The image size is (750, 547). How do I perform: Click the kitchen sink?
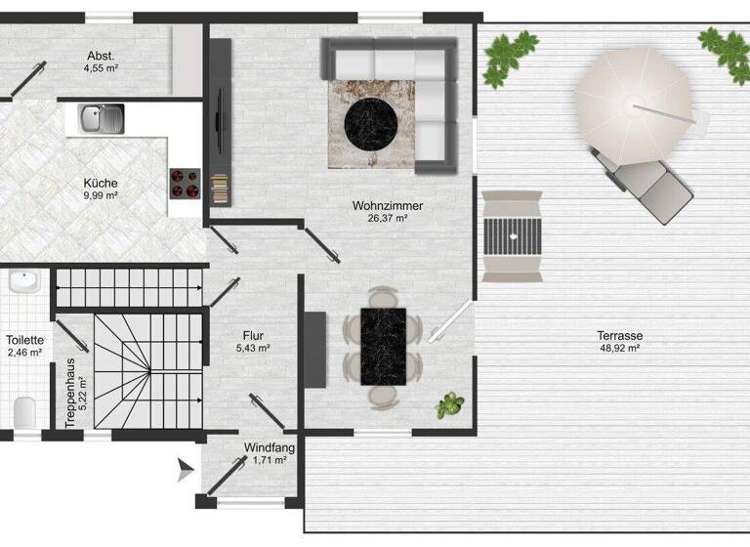(101, 119)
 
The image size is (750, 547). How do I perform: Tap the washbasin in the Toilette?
(22, 283)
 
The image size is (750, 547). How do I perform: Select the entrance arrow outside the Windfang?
(184, 473)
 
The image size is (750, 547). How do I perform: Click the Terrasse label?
(619, 335)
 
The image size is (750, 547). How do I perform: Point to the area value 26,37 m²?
(380, 219)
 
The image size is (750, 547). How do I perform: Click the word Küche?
(101, 183)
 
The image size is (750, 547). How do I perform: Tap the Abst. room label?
(101, 56)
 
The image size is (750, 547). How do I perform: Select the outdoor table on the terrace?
(512, 235)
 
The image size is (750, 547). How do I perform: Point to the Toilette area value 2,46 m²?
(23, 352)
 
